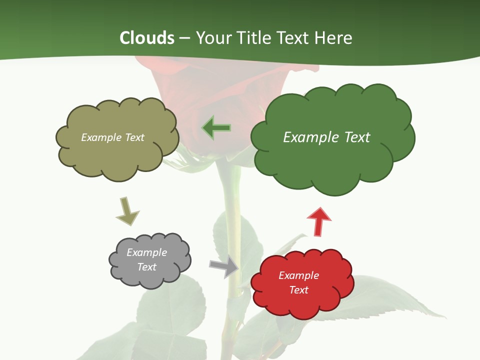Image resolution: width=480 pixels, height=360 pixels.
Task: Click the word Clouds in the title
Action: point(147,38)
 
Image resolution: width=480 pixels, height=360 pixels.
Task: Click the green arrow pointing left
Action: point(216,128)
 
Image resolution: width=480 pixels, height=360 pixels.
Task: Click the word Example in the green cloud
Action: point(309,137)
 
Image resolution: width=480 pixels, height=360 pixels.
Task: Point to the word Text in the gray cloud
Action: point(147,267)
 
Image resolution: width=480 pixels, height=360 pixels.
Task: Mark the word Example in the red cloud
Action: point(298,275)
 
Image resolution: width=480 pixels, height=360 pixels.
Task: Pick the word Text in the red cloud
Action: point(298,290)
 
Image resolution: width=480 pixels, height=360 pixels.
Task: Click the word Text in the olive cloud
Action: point(134,137)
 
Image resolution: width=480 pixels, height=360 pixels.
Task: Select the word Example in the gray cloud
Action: point(147,252)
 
